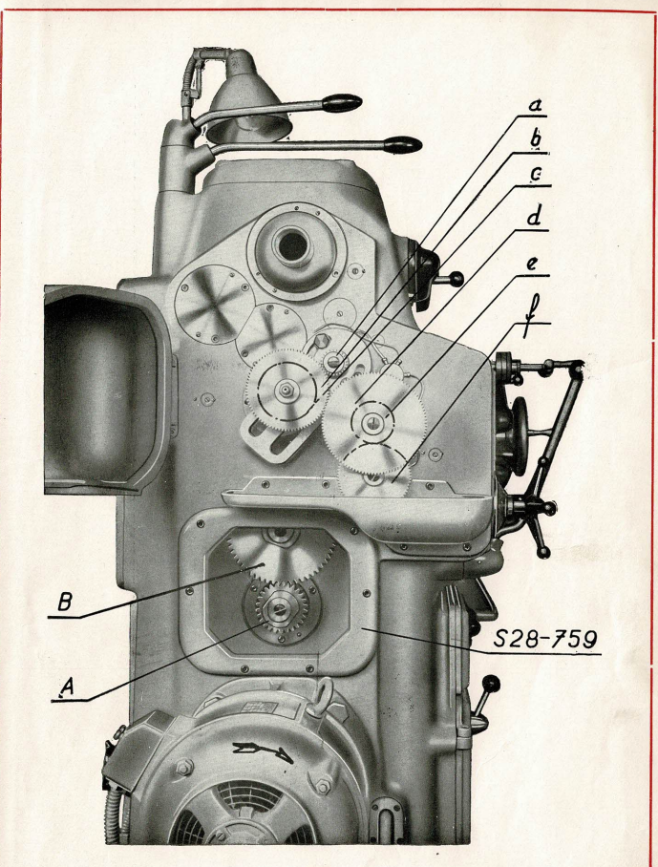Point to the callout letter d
536,216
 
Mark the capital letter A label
66,684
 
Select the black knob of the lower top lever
402,146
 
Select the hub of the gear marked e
370,419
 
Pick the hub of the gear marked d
286,389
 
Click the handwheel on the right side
520,433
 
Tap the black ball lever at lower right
492,684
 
